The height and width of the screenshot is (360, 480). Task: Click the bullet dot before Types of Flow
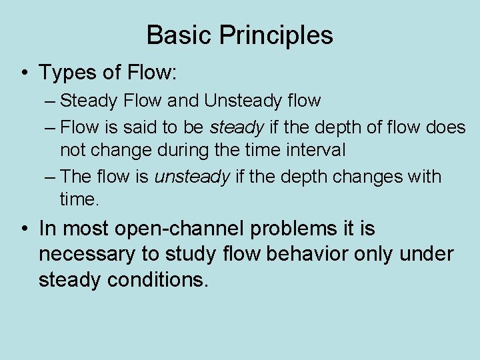(24, 71)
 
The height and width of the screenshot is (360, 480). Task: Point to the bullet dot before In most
(24, 229)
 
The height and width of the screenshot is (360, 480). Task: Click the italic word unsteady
(192, 177)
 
